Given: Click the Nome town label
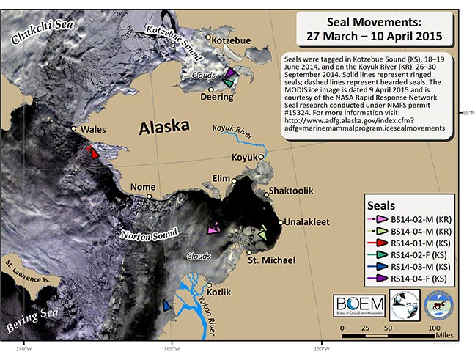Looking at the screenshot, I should point(142,188).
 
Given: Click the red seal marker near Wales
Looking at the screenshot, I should point(93,152).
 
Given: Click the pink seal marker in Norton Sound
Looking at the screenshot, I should point(213,229).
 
